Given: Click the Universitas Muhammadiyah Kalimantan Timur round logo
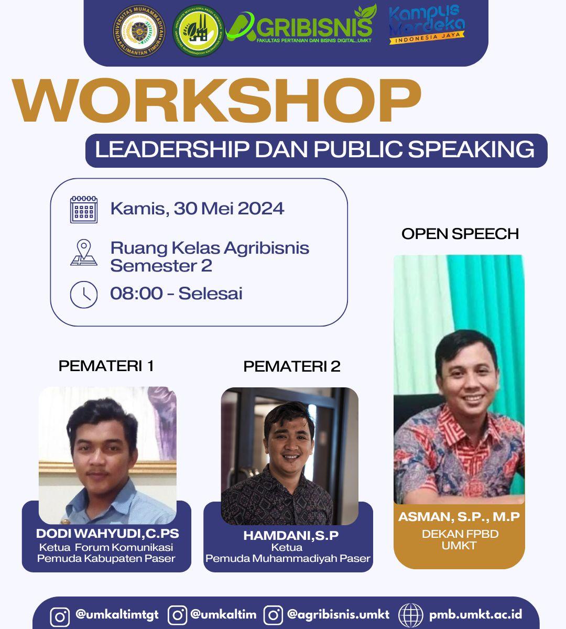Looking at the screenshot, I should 139,32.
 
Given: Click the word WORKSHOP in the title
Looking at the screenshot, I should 217,102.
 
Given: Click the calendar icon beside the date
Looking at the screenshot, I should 84,209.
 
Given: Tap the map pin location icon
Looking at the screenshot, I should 83,253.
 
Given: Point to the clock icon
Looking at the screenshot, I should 84,294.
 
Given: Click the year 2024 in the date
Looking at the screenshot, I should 260,209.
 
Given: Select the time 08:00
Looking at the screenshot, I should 136,293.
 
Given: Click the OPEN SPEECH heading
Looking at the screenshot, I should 460,234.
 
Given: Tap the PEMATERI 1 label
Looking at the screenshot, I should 106,366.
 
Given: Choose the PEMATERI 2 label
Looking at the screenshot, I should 292,366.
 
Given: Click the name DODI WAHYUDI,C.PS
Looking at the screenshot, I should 107,534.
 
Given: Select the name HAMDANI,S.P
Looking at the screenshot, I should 291,535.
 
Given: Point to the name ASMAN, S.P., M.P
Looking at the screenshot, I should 459,517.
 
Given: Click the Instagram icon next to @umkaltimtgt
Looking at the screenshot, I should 59,616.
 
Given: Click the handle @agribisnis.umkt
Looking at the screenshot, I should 338,614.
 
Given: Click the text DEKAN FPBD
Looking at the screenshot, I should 460,534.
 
